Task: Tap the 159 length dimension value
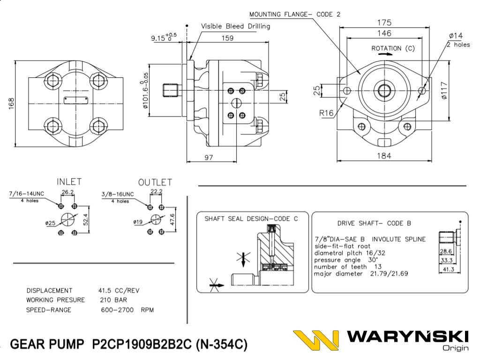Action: pos(227,38)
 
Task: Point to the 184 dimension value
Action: pos(384,156)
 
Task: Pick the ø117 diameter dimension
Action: pos(444,90)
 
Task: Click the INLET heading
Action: pos(69,181)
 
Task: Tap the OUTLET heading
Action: pos(155,182)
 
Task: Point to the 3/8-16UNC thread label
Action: pos(118,194)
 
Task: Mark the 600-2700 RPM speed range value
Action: pos(127,310)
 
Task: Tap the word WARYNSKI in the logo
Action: pos(408,337)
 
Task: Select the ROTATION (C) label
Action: pos(393,48)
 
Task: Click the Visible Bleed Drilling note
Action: pos(235,26)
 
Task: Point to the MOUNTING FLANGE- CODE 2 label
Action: pos(295,14)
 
